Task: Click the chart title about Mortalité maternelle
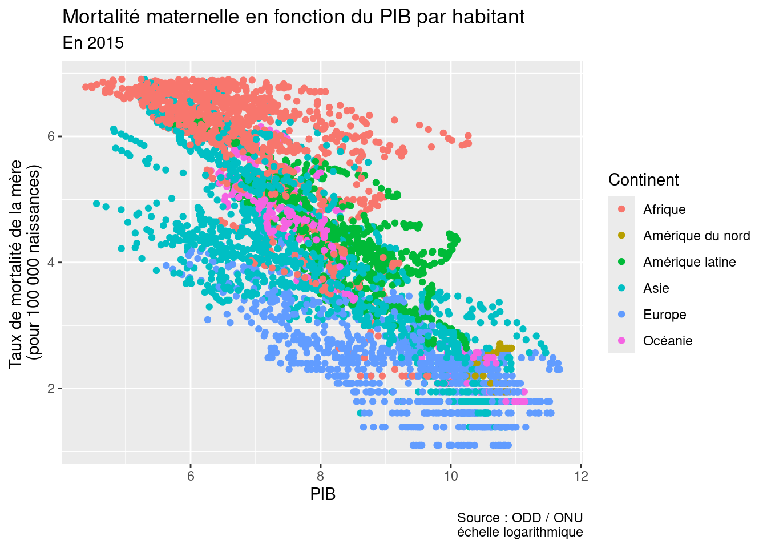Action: pyautogui.click(x=293, y=17)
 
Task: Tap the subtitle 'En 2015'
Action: pyautogui.click(x=93, y=43)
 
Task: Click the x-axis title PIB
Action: pyautogui.click(x=322, y=494)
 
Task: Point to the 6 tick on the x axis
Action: pyautogui.click(x=191, y=476)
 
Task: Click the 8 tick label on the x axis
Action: pyautogui.click(x=321, y=476)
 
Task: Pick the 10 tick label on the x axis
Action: pyautogui.click(x=451, y=476)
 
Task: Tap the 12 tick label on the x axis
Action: pyautogui.click(x=581, y=476)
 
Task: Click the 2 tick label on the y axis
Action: pyautogui.click(x=50, y=389)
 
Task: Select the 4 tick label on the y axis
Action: pyautogui.click(x=50, y=263)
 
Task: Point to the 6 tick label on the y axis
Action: pyautogui.click(x=50, y=136)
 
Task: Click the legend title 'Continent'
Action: pyautogui.click(x=643, y=180)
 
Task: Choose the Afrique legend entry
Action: pyautogui.click(x=664, y=209)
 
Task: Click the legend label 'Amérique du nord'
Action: pyautogui.click(x=696, y=236)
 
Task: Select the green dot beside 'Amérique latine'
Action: pyautogui.click(x=621, y=262)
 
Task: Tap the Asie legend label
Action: pyautogui.click(x=656, y=288)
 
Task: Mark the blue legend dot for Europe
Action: pyautogui.click(x=621, y=315)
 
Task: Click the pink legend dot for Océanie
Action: pyautogui.click(x=621, y=341)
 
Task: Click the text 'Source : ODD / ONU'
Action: pyautogui.click(x=520, y=518)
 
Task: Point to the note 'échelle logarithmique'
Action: pyautogui.click(x=520, y=532)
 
